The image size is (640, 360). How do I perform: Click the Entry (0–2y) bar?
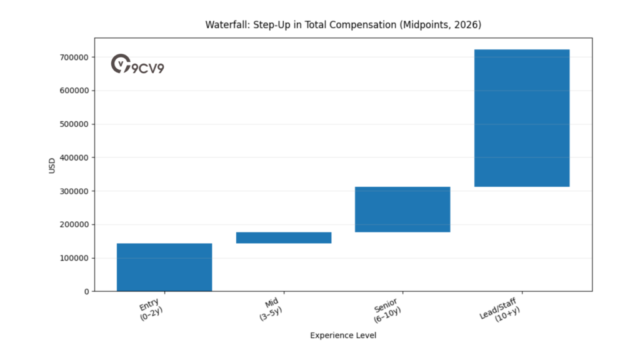pos(164,267)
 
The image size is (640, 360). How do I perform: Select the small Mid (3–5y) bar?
pos(284,237)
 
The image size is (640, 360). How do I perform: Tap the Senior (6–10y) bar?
pos(402,209)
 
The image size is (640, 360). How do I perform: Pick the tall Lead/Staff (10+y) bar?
pos(522,118)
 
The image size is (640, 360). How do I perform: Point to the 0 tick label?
pos(86,291)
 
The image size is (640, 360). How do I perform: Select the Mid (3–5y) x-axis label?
pos(271,309)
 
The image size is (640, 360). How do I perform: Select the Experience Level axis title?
pos(343,336)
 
